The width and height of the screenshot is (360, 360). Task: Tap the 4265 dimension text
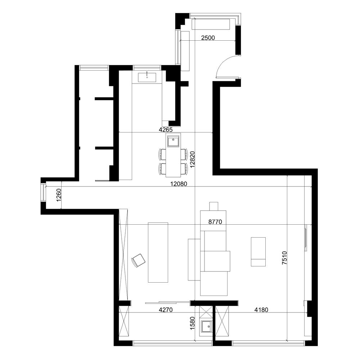point(166,129)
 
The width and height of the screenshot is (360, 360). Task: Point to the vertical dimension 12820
point(193,159)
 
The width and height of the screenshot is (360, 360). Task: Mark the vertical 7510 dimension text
point(284,258)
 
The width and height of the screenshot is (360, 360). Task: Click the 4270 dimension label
point(167,309)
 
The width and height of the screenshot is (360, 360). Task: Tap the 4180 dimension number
point(262,309)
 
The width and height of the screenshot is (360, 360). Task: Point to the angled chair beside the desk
point(138,260)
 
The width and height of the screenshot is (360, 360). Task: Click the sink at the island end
point(173,141)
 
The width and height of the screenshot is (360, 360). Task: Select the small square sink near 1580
point(206,327)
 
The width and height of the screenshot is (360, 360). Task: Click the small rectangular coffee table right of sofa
point(258,251)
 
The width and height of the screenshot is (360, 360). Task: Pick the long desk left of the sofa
point(158,252)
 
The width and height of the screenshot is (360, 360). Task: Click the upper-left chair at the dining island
point(162,154)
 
